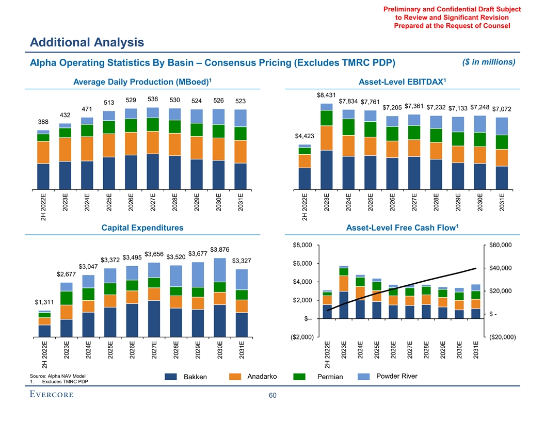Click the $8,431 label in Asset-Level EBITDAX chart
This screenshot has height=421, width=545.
pos(326,95)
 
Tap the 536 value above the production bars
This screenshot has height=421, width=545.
pos(153,99)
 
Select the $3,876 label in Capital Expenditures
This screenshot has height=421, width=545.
pos(220,250)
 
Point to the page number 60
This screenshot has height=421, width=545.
pos(272,396)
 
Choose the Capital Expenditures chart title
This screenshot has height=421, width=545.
pos(143,228)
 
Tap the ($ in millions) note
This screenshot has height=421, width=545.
pos(487,62)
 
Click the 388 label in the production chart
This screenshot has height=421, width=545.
pos(44,122)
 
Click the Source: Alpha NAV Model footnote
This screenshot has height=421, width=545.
pos(58,376)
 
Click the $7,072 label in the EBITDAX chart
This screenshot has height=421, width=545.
pos(502,109)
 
